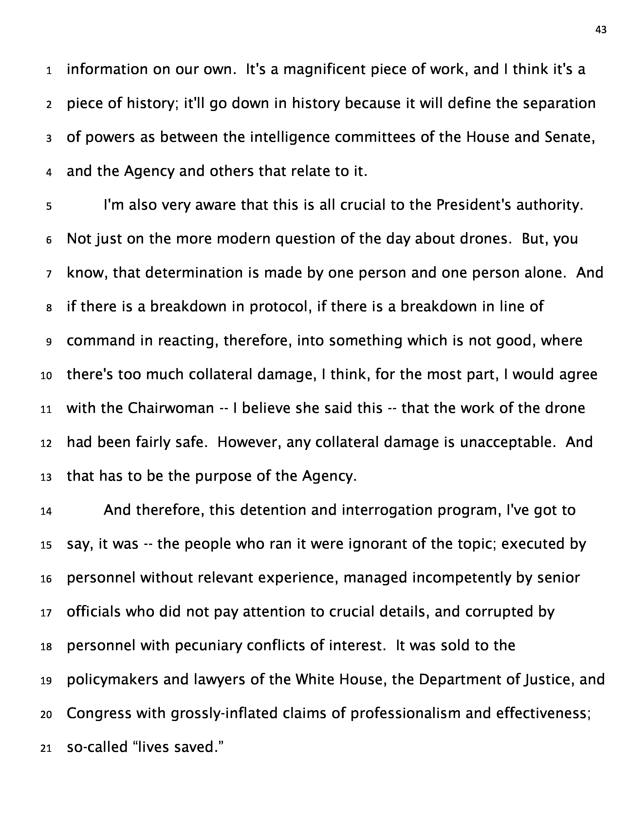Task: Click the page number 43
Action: click(601, 30)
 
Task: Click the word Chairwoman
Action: click(171, 408)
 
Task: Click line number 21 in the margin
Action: click(46, 748)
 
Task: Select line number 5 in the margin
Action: click(49, 206)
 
